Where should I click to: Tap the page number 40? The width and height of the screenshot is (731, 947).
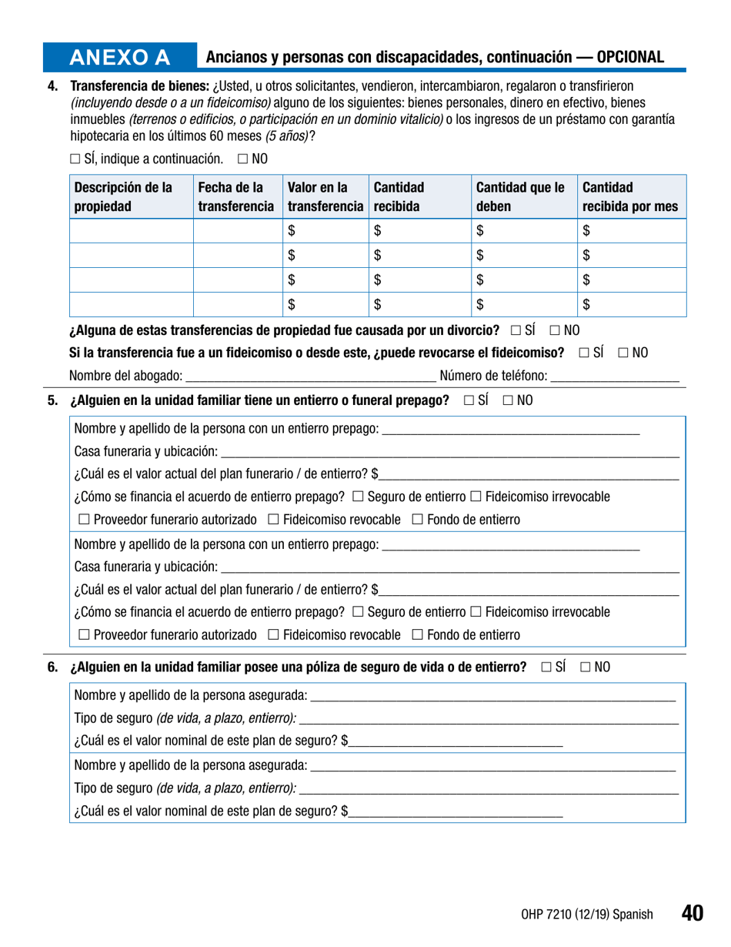click(x=692, y=913)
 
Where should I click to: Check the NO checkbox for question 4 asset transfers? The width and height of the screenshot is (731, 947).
click(x=243, y=159)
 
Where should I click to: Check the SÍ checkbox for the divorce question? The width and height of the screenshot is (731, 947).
click(x=516, y=331)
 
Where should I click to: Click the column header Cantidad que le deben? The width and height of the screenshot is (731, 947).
click(x=521, y=197)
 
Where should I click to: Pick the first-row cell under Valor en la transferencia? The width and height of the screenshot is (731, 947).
click(x=325, y=229)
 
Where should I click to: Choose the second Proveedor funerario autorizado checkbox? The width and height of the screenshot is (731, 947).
click(x=83, y=635)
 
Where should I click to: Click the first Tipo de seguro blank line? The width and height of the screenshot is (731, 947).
click(x=489, y=719)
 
